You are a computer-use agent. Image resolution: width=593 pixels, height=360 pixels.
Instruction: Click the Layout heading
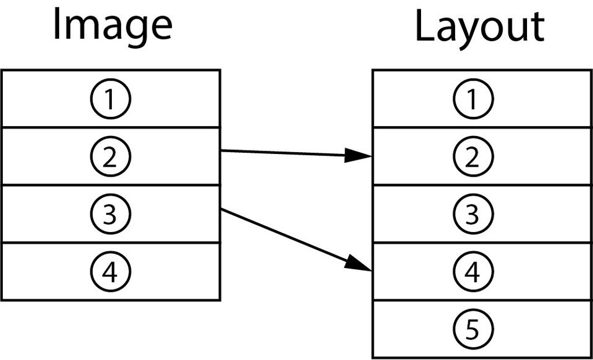(x=480, y=27)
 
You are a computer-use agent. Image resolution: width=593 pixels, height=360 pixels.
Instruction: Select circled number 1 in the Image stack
(x=111, y=99)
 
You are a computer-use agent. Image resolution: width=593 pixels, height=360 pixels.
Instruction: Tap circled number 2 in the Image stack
(x=111, y=157)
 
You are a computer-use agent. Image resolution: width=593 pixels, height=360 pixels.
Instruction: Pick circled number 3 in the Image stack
(x=111, y=214)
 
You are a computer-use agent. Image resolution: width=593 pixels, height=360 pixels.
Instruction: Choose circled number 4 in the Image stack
(x=111, y=271)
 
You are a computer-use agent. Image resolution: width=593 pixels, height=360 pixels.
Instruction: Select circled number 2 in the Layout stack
(x=473, y=157)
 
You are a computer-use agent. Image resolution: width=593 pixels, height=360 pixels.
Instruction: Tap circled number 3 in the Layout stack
(x=473, y=214)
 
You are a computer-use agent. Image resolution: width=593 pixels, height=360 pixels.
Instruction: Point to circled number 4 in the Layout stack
(x=473, y=271)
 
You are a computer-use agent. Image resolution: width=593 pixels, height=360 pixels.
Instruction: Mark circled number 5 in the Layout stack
(x=473, y=329)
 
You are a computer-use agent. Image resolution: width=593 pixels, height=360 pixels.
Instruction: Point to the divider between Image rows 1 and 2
(x=111, y=127)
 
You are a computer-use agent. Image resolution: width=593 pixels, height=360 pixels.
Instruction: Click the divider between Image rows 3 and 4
(x=111, y=243)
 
